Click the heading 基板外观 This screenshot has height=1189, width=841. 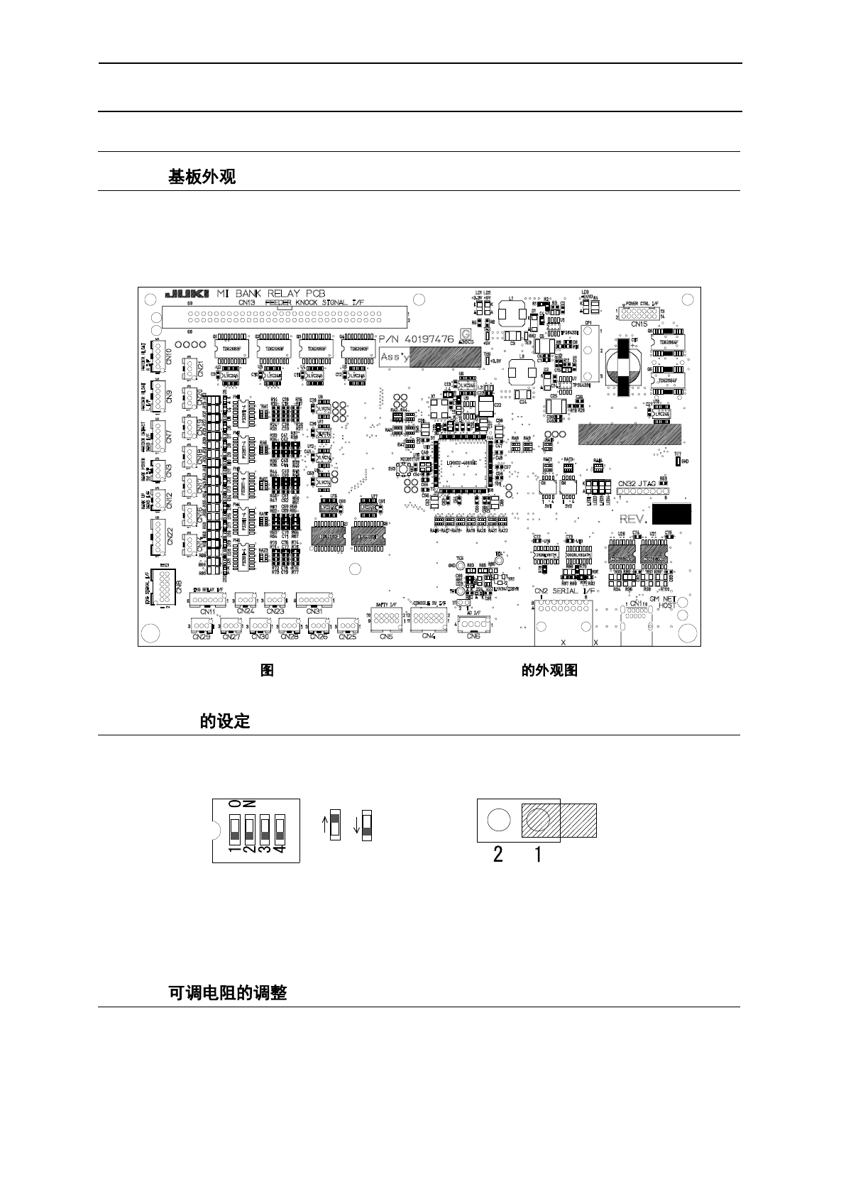202,177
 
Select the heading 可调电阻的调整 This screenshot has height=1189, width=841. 227,992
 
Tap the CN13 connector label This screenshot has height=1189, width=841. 247,302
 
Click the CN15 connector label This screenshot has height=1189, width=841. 639,324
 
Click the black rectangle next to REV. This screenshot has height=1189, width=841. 671,515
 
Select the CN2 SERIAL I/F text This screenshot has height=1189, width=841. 565,591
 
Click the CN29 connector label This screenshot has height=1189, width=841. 202,637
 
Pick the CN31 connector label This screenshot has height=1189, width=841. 314,610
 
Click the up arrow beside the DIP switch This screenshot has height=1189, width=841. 326,826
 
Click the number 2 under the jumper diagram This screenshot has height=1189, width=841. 498,855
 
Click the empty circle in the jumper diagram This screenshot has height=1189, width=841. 499,821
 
